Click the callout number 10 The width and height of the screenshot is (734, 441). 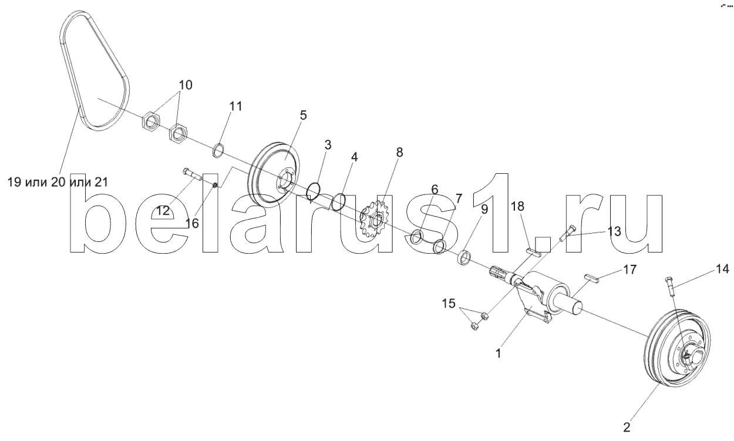[x=185, y=85]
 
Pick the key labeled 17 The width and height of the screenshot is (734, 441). [x=591, y=279]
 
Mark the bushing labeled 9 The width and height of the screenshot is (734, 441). [x=465, y=257]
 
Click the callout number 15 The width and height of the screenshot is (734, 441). [x=449, y=304]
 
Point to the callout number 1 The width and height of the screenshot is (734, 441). [x=499, y=354]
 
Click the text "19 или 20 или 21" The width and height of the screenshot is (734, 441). [x=58, y=183]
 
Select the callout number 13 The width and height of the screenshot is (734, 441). [x=614, y=231]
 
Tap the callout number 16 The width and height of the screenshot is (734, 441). [x=191, y=223]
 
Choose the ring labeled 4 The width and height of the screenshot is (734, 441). [x=338, y=202]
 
